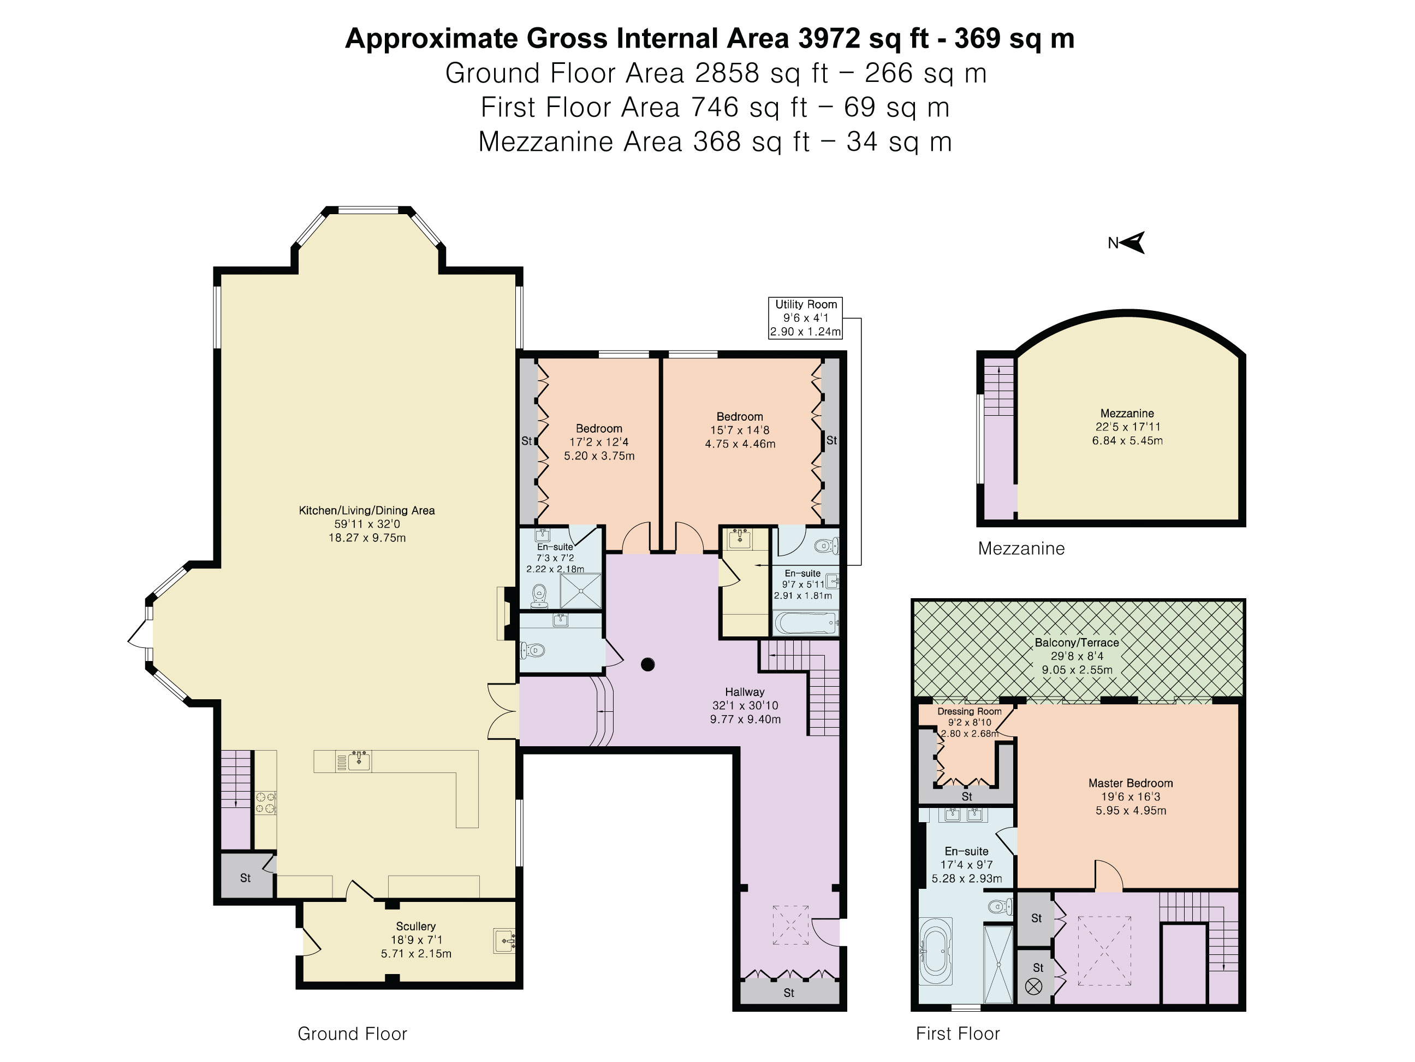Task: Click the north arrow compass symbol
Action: point(1131,243)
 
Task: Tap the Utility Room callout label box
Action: point(805,318)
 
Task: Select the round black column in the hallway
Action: point(647,664)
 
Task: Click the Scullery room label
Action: point(416,940)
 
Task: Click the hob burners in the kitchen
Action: point(266,803)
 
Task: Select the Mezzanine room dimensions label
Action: point(1127,433)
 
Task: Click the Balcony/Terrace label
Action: point(1077,642)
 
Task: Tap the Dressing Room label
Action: point(970,711)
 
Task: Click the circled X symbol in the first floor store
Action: point(1034,987)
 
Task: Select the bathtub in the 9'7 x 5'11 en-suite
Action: point(805,623)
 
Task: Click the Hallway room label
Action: point(745,692)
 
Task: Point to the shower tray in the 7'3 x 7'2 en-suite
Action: point(581,590)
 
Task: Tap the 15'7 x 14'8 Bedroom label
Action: point(740,430)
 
